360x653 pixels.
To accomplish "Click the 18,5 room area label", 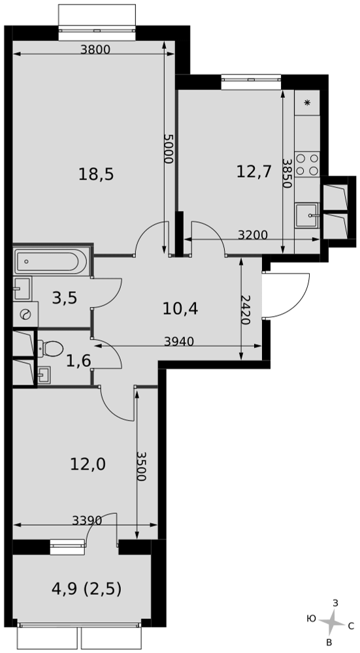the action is pos(96,174).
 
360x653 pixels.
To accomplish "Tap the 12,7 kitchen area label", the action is pos(254,170).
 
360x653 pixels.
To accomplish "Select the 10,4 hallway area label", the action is pos(180,309).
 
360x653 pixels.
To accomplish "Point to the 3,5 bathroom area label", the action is pos(65,298).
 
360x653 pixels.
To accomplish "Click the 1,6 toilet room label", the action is pos(78,360).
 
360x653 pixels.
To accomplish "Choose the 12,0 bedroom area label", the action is pos(88,464).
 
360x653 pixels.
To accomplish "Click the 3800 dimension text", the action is pos(95,50).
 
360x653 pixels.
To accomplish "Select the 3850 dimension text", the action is pos(286,173).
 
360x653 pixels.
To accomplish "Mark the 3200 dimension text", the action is pos(252,235).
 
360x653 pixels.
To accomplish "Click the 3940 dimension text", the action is pos(179,342).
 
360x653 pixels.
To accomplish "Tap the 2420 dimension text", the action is pos(246,310).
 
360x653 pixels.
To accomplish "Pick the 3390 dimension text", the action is pos(87,520).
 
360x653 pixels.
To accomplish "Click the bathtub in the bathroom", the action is pos(51,261).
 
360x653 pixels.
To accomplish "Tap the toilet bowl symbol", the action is pos(50,349).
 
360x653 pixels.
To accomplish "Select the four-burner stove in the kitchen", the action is pos(307,164).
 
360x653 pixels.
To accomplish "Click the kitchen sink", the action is pos(307,215).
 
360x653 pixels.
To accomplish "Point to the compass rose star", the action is pos(333,622).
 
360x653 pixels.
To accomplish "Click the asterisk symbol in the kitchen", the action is pos(308,103).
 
